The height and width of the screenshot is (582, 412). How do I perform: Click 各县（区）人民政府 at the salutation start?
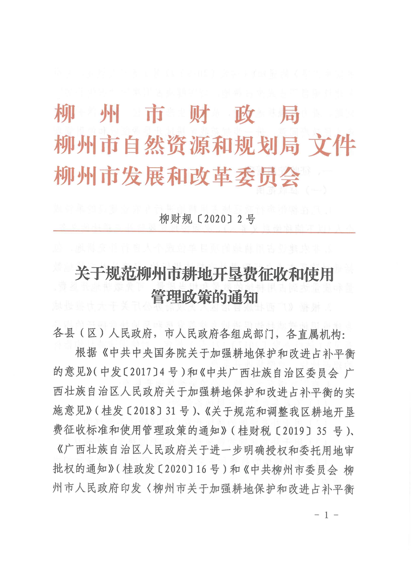(101, 334)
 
